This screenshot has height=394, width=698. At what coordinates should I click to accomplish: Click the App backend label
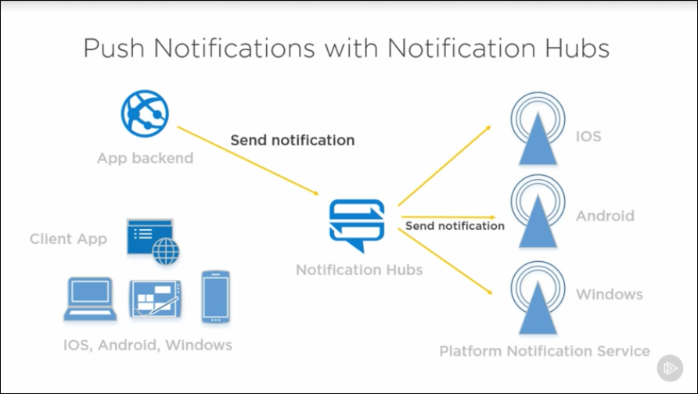tap(144, 159)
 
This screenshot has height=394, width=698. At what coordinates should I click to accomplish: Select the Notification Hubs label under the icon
tap(359, 270)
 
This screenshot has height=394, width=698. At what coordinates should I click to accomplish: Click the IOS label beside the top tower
tap(588, 137)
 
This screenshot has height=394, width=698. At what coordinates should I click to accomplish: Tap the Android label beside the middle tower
tap(605, 216)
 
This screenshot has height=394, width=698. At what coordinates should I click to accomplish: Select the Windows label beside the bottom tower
tap(610, 295)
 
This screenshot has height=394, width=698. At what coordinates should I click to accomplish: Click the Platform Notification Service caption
tap(545, 351)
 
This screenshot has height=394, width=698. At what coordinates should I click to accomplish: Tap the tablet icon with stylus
tap(156, 299)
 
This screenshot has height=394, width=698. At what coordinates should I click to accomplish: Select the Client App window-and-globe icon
tap(153, 242)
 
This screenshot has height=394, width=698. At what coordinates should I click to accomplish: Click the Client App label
tap(68, 239)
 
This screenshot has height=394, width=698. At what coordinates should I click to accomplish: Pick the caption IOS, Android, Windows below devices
tap(148, 345)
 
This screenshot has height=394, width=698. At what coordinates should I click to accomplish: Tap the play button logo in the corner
tap(670, 367)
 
